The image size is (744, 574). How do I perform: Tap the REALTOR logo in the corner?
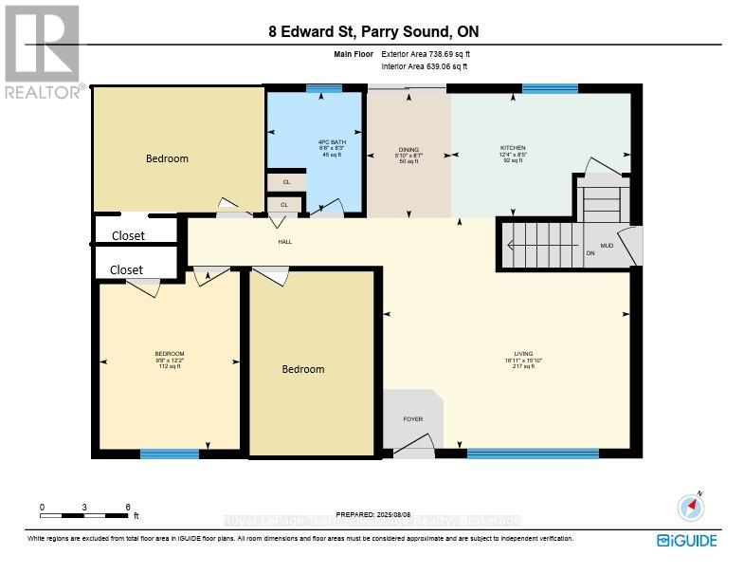42,52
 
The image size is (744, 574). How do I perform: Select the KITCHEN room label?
513,148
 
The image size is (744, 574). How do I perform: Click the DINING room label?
408,149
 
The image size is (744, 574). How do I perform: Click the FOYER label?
412,418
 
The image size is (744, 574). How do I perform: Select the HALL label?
285,242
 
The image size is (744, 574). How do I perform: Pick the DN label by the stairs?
590,253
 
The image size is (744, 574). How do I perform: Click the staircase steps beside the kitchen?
540,245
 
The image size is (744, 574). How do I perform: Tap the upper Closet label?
129,235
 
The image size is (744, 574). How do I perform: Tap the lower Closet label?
126,269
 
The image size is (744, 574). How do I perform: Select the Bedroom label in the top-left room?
167,158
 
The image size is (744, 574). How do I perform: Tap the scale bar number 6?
128,507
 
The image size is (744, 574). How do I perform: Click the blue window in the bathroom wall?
324,88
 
